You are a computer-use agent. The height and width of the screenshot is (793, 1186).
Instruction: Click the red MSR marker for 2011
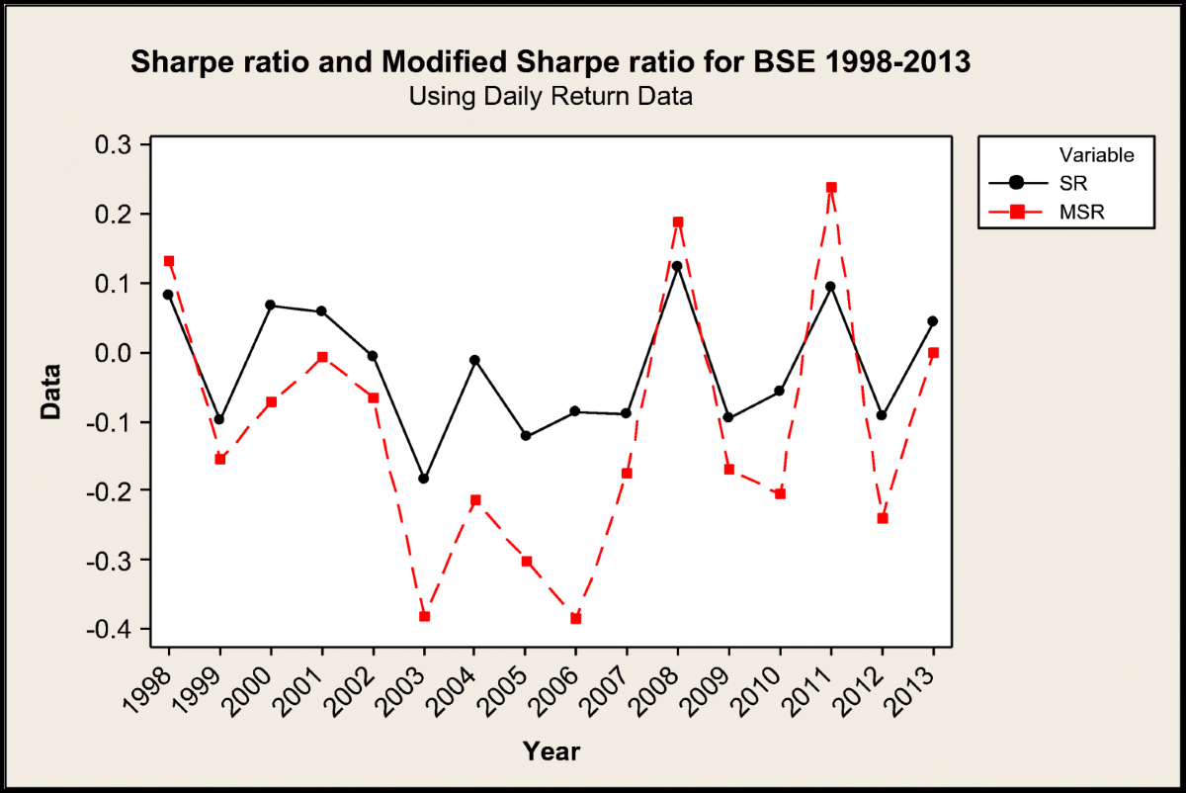click(831, 187)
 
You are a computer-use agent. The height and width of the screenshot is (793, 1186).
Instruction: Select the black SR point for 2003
click(424, 479)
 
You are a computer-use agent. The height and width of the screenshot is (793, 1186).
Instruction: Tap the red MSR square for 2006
click(576, 618)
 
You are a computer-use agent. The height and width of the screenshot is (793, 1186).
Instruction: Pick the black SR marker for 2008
click(678, 266)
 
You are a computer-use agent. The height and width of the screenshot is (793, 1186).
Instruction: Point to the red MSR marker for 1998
click(169, 261)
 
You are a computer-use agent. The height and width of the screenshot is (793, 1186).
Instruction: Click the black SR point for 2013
click(933, 321)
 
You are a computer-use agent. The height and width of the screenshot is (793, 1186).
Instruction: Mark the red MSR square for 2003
click(424, 616)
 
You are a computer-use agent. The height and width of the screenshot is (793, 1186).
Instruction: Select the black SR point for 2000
click(271, 306)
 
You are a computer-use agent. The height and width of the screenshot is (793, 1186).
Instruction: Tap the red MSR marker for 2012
click(883, 518)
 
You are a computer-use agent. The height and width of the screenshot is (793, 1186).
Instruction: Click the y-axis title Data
click(50, 393)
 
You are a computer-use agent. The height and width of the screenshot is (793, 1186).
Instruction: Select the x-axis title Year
click(551, 751)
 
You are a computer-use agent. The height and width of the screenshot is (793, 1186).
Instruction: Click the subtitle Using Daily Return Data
click(551, 97)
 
